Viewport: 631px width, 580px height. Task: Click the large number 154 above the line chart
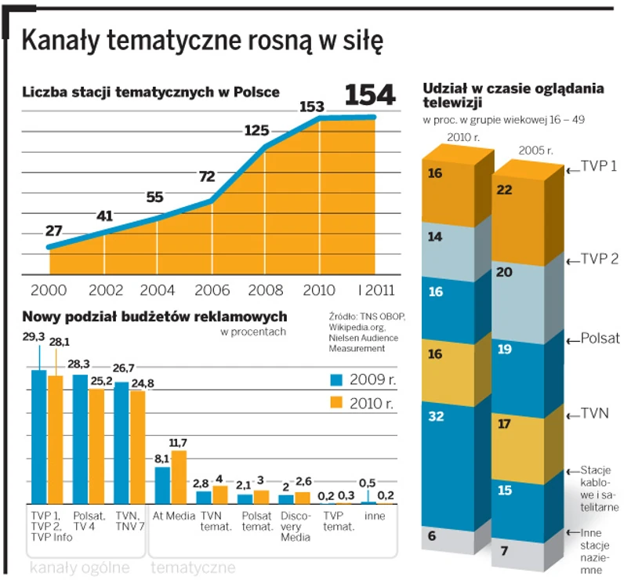pos(371,94)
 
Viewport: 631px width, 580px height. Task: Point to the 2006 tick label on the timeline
pos(212,289)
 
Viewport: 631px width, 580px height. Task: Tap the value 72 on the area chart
pos(207,176)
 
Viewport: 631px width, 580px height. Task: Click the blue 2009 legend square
pos(336,379)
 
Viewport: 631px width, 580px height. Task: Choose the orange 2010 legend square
pos(336,403)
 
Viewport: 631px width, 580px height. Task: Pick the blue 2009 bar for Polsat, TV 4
pos(80,439)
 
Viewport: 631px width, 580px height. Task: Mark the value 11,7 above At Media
pos(179,443)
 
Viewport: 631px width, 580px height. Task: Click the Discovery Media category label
pos(296,527)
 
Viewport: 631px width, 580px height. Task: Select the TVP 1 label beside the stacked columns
pos(600,168)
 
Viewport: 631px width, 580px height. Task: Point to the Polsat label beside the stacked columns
pos(600,339)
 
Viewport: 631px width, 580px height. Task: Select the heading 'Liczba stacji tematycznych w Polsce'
pos(150,92)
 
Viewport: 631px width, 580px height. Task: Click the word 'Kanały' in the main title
pos(63,41)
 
